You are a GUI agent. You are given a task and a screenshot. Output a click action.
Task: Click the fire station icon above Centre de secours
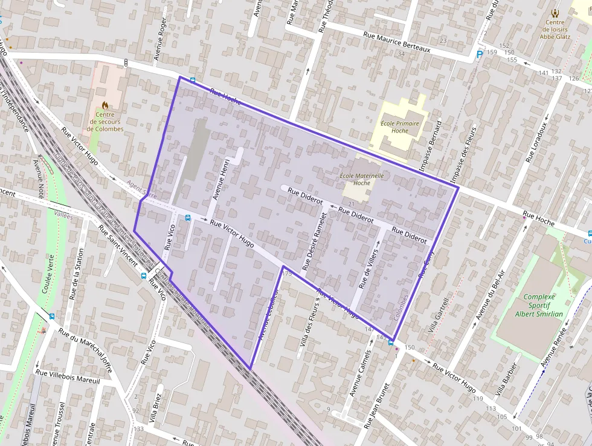tap(105, 105)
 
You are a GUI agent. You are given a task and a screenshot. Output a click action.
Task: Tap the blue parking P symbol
tap(480, 54)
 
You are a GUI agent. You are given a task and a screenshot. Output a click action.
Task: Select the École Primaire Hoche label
tap(400, 126)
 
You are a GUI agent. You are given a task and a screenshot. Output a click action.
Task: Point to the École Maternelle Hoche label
tap(362, 179)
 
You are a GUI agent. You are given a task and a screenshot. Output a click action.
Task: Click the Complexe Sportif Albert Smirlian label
tap(539, 305)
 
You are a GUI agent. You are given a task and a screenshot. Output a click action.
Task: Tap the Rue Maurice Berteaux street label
tap(396, 42)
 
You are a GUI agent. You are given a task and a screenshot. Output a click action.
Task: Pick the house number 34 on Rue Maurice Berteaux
tap(401, 54)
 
